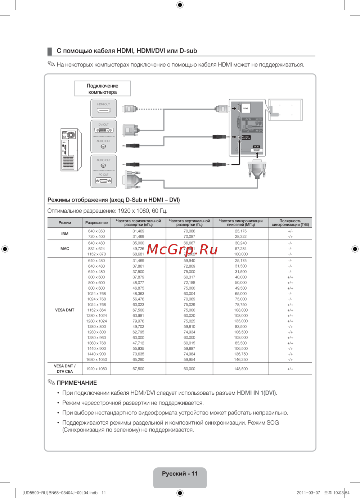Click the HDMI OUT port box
pyautogui.click(x=104, y=108)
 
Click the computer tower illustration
pyautogui.click(x=70, y=150)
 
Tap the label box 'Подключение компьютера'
pyautogui.click(x=103, y=89)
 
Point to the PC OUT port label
pyautogui.click(x=103, y=175)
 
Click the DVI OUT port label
pyautogui.click(x=103, y=124)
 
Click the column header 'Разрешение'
pyautogui.click(x=96, y=223)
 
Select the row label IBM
pyautogui.click(x=65, y=234)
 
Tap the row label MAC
pyautogui.click(x=65, y=249)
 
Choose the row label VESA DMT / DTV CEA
pyautogui.click(x=65, y=369)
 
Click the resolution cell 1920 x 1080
pyautogui.click(x=96, y=369)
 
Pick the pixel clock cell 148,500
pyautogui.click(x=241, y=369)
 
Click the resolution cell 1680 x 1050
pyautogui.click(x=96, y=359)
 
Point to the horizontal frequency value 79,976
pyautogui.click(x=138, y=321)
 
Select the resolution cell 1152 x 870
pyautogui.click(x=96, y=254)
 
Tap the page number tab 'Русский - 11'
pyautogui.click(x=180, y=474)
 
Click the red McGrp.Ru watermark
pyautogui.click(x=183, y=249)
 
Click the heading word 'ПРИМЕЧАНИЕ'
pyautogui.click(x=77, y=383)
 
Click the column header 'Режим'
pyautogui.click(x=65, y=223)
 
